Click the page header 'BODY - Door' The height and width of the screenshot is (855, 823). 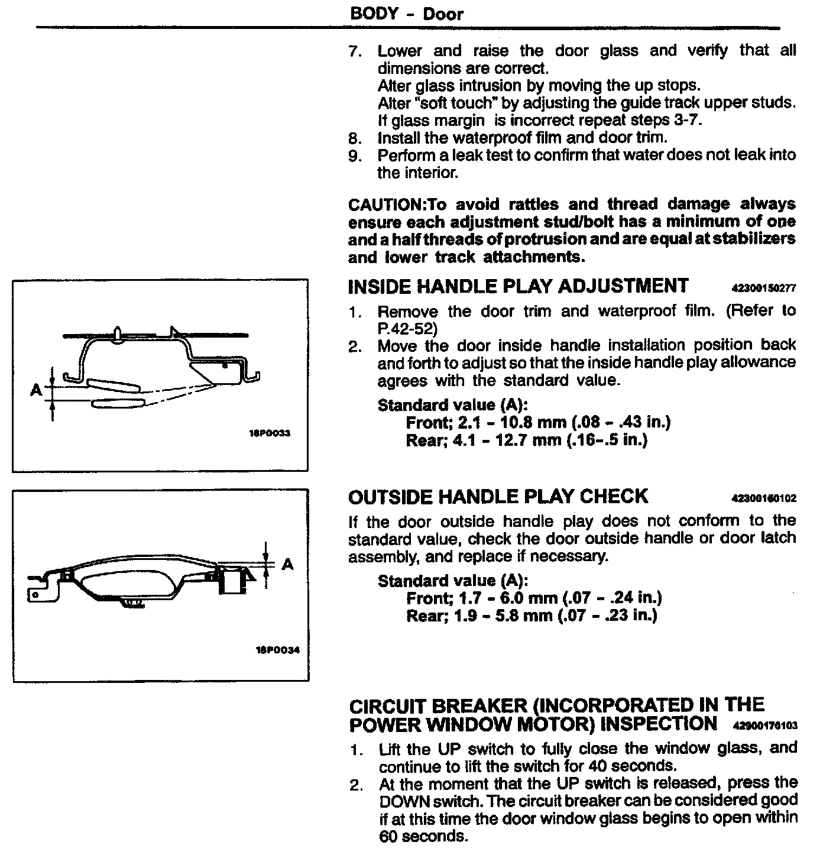click(x=406, y=14)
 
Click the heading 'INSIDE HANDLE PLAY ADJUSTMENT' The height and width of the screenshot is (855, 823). click(x=518, y=286)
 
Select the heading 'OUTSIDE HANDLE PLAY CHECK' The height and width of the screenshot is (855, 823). click(x=498, y=497)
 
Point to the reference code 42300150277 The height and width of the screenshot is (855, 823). click(x=764, y=289)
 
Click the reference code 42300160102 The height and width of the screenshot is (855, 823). click(x=764, y=499)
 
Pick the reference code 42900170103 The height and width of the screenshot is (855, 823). click(x=764, y=726)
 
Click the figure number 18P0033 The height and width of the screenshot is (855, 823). click(x=271, y=433)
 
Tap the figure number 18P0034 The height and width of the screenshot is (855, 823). click(x=277, y=650)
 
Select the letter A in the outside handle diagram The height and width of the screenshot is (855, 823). click(x=288, y=564)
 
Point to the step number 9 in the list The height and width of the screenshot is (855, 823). click(x=354, y=156)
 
